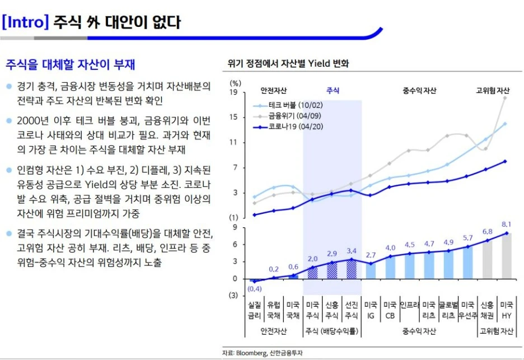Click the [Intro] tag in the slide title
pyautogui.click(x=26, y=22)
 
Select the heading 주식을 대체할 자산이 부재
pyautogui.click(x=71, y=64)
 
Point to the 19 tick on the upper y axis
pyautogui.click(x=234, y=92)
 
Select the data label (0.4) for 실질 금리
pyautogui.click(x=254, y=289)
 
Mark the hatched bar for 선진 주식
pyautogui.click(x=351, y=269)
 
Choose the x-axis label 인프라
pyautogui.click(x=409, y=306)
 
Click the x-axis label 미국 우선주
pyautogui.click(x=467, y=311)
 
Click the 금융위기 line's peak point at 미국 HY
pyautogui.click(x=506, y=98)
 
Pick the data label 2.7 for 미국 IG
pyautogui.click(x=370, y=255)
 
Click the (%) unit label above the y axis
pyautogui.click(x=236, y=83)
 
